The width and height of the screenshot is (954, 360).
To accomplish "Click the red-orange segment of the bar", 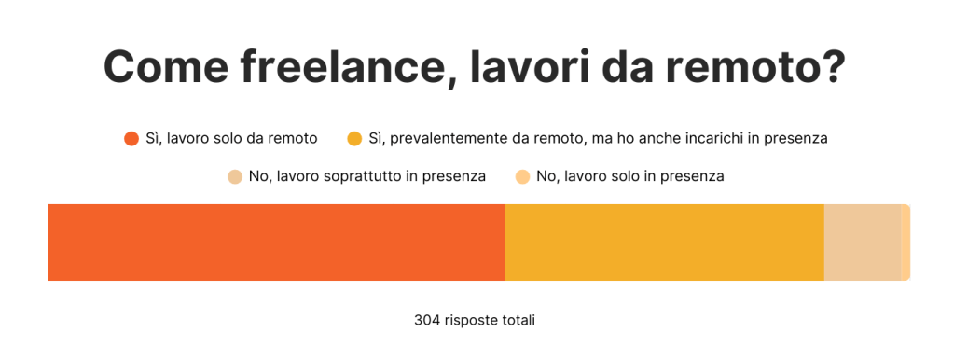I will pyautogui.click(x=276, y=242).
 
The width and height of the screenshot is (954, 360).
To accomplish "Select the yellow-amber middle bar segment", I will pyautogui.click(x=664, y=242).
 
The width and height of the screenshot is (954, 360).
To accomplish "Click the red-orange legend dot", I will pyautogui.click(x=131, y=139).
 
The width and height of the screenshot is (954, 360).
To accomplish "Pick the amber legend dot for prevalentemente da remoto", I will pyautogui.click(x=354, y=139).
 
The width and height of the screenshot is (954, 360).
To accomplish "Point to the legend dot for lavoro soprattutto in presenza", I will pyautogui.click(x=235, y=176).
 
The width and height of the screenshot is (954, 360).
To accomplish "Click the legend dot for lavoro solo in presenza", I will pyautogui.click(x=523, y=176).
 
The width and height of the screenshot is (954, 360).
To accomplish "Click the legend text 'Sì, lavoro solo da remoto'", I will pyautogui.click(x=231, y=139).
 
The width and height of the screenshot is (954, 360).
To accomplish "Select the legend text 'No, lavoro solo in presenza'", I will pyautogui.click(x=630, y=176).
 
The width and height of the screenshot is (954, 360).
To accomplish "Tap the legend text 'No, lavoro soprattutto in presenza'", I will pyautogui.click(x=367, y=176).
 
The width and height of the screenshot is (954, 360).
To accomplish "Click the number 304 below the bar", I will pyautogui.click(x=426, y=320).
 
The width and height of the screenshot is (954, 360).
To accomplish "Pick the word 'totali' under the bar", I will pyautogui.click(x=517, y=320).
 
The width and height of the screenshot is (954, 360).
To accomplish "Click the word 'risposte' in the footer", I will pyautogui.click(x=469, y=320).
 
